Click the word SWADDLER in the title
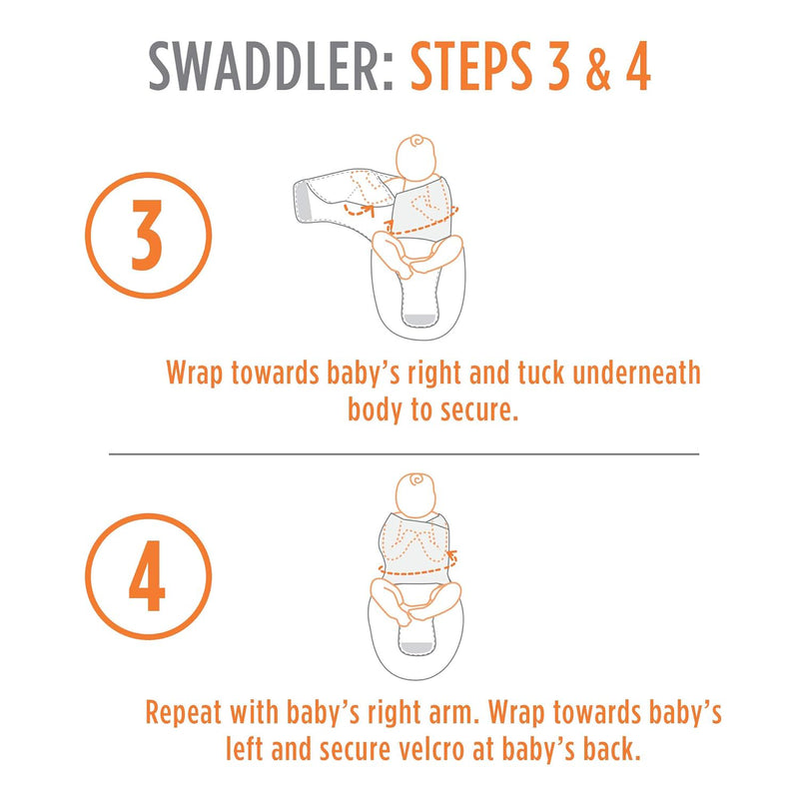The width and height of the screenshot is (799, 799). click(x=271, y=66)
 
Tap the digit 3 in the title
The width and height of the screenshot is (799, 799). click(x=558, y=66)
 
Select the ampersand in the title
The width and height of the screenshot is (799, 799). click(x=597, y=67)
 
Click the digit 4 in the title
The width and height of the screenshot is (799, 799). click(x=637, y=66)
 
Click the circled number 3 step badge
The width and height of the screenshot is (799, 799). click(x=148, y=235)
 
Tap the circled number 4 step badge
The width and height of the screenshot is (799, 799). click(x=148, y=576)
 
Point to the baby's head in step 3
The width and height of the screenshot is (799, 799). click(x=416, y=157)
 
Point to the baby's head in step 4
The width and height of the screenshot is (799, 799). click(x=416, y=494)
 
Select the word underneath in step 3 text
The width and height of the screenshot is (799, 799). click(x=636, y=373)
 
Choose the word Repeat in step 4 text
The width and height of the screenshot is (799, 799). click(x=184, y=713)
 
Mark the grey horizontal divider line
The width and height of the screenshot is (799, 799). click(x=403, y=453)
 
